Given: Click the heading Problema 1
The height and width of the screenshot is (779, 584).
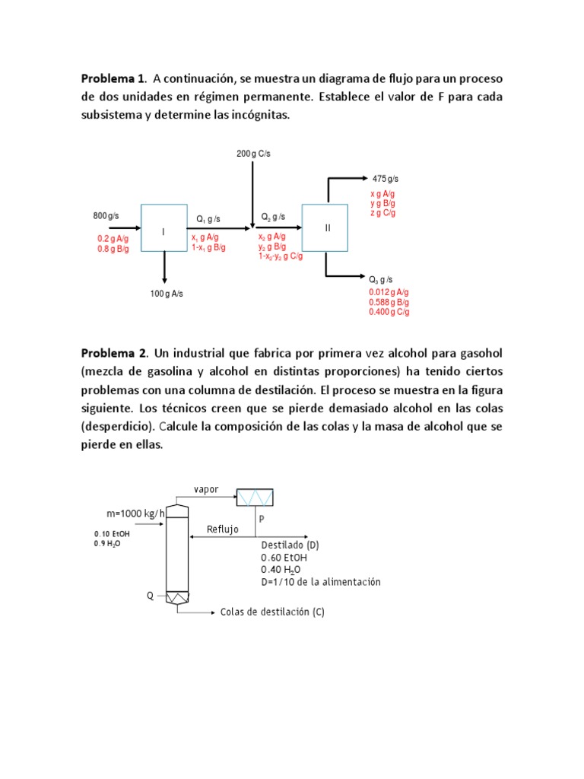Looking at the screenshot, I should click(x=113, y=79).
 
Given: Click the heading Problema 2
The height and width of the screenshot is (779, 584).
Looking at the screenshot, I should click(x=113, y=355).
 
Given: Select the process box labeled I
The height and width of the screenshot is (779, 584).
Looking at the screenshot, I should click(x=163, y=228).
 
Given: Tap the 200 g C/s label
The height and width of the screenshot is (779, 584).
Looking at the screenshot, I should click(x=253, y=154).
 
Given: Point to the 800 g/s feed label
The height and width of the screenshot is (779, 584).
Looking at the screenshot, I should click(x=106, y=216).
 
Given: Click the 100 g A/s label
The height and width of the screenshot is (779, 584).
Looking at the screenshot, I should click(x=166, y=293).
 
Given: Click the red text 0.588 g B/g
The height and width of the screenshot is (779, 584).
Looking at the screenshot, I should click(x=389, y=302).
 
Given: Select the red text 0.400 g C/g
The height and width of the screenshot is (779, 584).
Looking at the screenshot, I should click(x=389, y=312).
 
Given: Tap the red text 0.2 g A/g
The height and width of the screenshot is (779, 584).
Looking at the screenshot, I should click(x=113, y=239).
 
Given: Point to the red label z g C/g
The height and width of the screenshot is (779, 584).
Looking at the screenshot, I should click(x=383, y=213).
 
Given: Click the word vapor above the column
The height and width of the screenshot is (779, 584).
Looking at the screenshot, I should click(x=206, y=489).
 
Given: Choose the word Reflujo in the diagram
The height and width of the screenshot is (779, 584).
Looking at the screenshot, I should click(x=223, y=529).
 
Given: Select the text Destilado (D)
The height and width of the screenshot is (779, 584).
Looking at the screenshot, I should click(x=290, y=545).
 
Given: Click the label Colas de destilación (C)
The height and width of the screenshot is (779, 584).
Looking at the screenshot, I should click(x=272, y=612).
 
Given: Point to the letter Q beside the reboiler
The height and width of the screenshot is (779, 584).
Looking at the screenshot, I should click(x=150, y=596).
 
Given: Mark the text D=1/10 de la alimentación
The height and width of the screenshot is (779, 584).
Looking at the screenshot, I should click(x=320, y=582).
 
